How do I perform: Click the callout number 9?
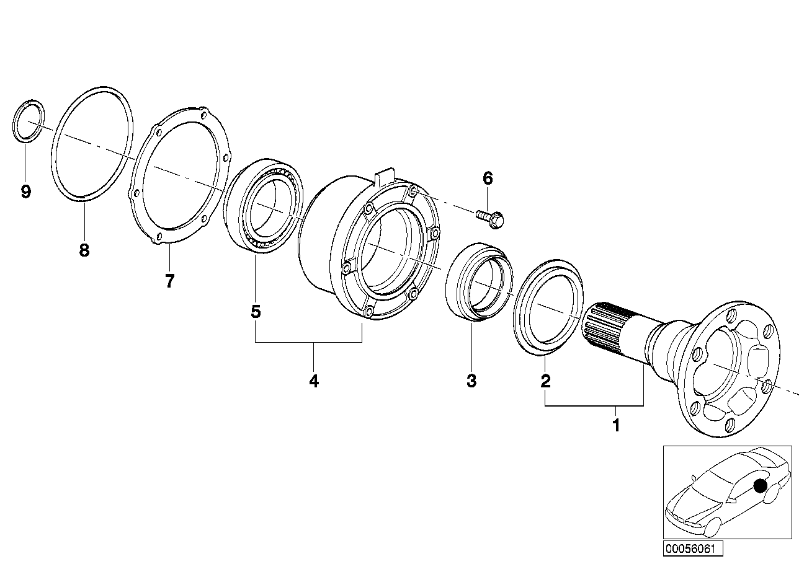25,192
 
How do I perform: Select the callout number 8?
84,250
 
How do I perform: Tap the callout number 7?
169,281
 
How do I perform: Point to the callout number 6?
488,179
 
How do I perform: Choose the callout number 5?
256,311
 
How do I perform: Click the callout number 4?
314,381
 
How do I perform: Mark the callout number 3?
471,381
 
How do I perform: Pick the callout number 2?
545,381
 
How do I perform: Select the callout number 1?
616,426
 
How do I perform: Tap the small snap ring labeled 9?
29,120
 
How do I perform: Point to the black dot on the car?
760,486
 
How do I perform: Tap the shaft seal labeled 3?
480,283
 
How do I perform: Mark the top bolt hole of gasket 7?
203,113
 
